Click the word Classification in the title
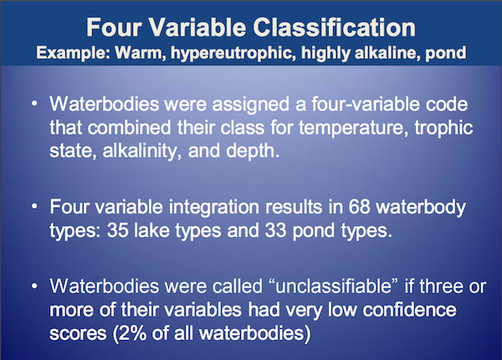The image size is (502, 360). (334, 28)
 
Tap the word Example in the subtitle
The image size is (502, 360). (74, 53)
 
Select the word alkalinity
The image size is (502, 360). (140, 151)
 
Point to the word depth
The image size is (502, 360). (253, 151)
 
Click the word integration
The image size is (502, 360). (214, 208)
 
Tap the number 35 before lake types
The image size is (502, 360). (118, 230)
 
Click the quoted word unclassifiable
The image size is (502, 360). (333, 286)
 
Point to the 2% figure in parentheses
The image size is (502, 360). (130, 333)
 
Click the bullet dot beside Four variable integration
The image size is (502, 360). (34, 207)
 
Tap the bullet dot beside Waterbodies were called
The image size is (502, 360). (34, 286)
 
